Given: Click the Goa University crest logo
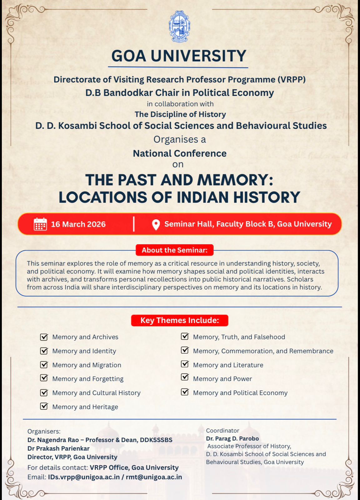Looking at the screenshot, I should [x=180, y=27].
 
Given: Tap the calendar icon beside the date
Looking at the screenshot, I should [x=40, y=224].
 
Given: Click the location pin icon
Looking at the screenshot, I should [x=156, y=224].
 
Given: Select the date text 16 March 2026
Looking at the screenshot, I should [x=78, y=224].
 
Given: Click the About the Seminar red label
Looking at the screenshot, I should [x=174, y=250].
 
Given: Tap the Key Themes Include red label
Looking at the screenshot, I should [x=180, y=320].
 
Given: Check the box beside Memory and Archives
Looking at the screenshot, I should [x=44, y=337].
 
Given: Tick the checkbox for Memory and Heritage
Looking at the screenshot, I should [x=44, y=406].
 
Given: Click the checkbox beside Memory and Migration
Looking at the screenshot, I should [x=44, y=365].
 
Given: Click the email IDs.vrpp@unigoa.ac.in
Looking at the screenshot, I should [x=84, y=477].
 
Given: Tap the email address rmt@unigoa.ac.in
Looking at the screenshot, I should [x=154, y=477].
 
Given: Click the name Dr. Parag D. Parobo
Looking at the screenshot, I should [x=232, y=438].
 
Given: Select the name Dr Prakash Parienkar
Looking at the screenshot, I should [x=58, y=448].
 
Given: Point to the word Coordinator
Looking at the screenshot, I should [x=222, y=431].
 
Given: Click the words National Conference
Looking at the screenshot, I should [x=180, y=153].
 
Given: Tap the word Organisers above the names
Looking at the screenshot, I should [x=44, y=431].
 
